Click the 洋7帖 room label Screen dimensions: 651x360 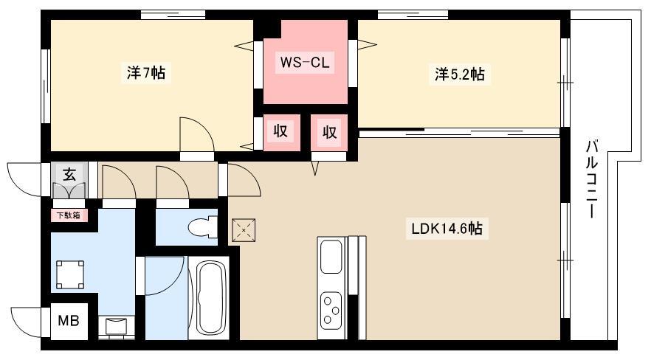click(x=145, y=73)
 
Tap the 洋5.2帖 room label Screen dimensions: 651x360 click(x=460, y=75)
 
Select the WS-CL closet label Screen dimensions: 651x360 click(x=305, y=63)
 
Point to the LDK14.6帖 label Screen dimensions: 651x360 click(x=447, y=229)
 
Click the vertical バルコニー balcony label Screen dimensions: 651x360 click(x=593, y=179)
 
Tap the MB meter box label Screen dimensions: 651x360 click(x=69, y=321)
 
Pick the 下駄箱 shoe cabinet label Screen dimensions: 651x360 click(x=69, y=215)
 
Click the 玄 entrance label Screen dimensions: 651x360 click(x=69, y=174)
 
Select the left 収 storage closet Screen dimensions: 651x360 click(x=281, y=132)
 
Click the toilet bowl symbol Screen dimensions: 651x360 click(x=202, y=227)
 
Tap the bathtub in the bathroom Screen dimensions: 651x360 click(x=208, y=298)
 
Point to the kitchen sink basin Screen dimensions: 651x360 click(x=331, y=258)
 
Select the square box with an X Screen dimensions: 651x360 click(x=244, y=230)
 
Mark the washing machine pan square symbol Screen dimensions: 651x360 click(x=70, y=274)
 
